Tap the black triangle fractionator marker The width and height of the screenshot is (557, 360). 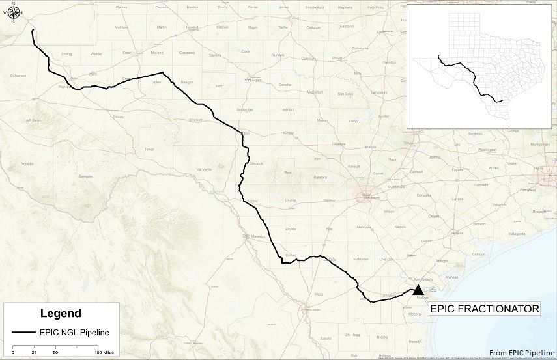[x=418, y=290]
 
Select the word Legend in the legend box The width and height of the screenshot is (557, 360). [x=61, y=313]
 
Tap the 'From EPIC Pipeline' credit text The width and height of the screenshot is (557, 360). [x=520, y=352]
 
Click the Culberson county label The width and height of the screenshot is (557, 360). [x=18, y=76]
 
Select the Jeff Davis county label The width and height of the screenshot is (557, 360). [x=33, y=120]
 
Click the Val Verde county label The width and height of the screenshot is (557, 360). [x=205, y=169]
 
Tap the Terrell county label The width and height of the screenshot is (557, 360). [x=149, y=149]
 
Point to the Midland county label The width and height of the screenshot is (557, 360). [x=157, y=53]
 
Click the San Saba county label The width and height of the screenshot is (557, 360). [x=345, y=94]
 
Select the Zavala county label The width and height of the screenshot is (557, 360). [x=291, y=229]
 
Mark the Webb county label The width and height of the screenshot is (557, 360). [x=319, y=294]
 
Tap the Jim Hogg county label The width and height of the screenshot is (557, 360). [x=352, y=335]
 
